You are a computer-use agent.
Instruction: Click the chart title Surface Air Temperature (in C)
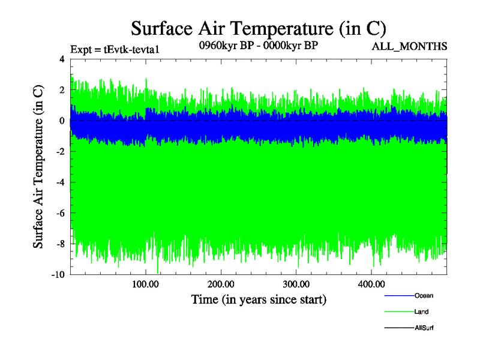pos(258,28)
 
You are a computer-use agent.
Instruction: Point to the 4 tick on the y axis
pos(62,59)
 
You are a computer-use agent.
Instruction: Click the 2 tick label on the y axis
pos(62,90)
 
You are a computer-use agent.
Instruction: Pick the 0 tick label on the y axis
pos(62,121)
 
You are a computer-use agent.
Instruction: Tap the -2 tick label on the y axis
pos(60,152)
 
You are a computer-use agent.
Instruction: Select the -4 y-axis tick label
pos(60,182)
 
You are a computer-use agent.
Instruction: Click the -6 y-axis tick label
pos(60,213)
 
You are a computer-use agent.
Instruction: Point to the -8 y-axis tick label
pos(60,244)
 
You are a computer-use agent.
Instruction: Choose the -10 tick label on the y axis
pos(58,275)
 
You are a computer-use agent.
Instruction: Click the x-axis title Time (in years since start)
pos(259,298)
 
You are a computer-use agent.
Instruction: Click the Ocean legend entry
pos(424,296)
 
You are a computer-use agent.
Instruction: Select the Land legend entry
pos(421,312)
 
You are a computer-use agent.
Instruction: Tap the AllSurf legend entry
pos(424,328)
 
